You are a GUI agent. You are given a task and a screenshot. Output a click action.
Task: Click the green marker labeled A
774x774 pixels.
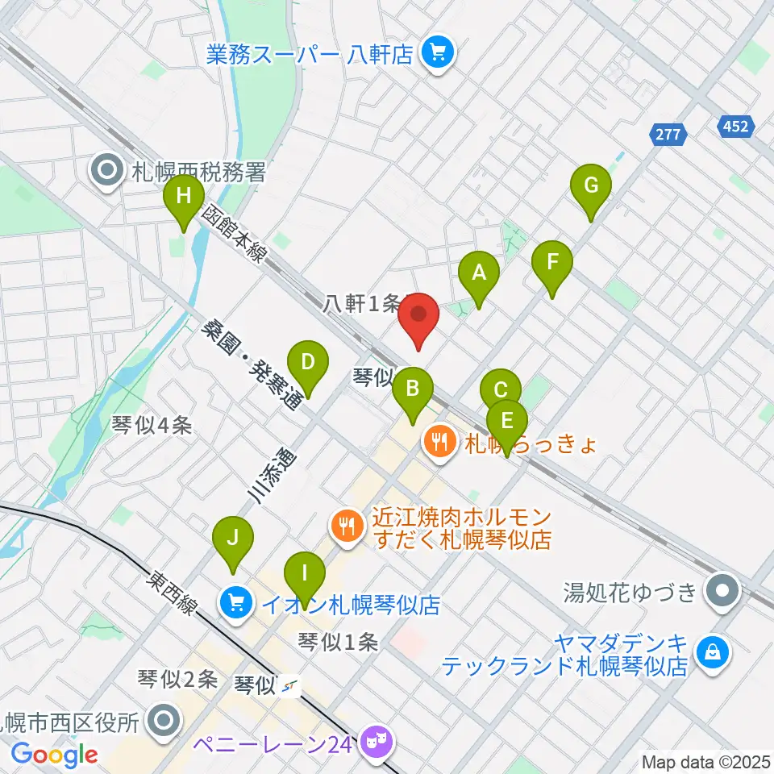coord(479,273)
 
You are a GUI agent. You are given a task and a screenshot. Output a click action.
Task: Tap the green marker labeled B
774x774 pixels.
coord(412,389)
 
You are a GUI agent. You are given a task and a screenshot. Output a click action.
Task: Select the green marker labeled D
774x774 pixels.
coord(307,362)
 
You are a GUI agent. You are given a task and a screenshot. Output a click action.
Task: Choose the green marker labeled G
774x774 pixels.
coord(591,185)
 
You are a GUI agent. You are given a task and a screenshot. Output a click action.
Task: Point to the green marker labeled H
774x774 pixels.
coord(184,196)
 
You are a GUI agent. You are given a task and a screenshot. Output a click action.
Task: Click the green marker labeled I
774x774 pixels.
coord(305,574)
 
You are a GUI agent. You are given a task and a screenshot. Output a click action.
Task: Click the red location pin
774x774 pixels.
coord(418,316)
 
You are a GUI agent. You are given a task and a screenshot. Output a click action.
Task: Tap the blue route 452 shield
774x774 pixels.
coord(735,126)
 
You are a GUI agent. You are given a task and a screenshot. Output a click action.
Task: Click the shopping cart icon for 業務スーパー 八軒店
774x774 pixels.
coord(439,54)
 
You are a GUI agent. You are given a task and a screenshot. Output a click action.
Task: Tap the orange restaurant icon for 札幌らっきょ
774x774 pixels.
coord(439,443)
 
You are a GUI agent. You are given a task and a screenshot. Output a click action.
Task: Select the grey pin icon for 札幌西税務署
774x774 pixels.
coord(108,171)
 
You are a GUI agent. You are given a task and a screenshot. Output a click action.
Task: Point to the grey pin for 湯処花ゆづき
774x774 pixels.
coord(723,593)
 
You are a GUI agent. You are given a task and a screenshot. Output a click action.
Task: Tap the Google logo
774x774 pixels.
coord(54,755)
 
